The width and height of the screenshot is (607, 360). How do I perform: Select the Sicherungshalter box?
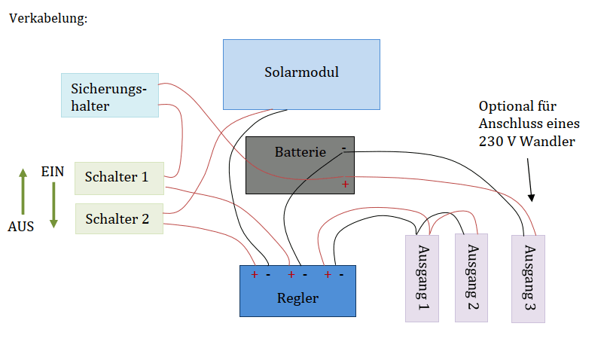point(110,95)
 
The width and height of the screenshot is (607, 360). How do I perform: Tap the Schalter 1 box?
point(119,178)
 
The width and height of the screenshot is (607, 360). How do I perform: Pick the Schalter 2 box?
point(119,219)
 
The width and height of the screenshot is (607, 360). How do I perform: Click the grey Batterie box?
point(300,165)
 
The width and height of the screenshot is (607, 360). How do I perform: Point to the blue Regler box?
point(297,291)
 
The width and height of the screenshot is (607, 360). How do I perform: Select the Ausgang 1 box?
point(422,278)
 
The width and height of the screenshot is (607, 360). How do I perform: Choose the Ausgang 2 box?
point(471,277)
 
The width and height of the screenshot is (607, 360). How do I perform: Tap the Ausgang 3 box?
point(528,279)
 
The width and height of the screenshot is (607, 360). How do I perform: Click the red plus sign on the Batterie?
point(345,184)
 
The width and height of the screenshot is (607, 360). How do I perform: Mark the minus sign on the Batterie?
point(343,148)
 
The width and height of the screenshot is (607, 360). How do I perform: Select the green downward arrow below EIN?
point(53,203)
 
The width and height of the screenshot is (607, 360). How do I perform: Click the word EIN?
point(53,172)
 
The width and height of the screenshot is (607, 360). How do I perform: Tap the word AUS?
point(21,226)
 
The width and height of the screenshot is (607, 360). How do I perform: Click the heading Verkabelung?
point(48,17)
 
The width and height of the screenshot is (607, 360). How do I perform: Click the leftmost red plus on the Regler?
point(255,275)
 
